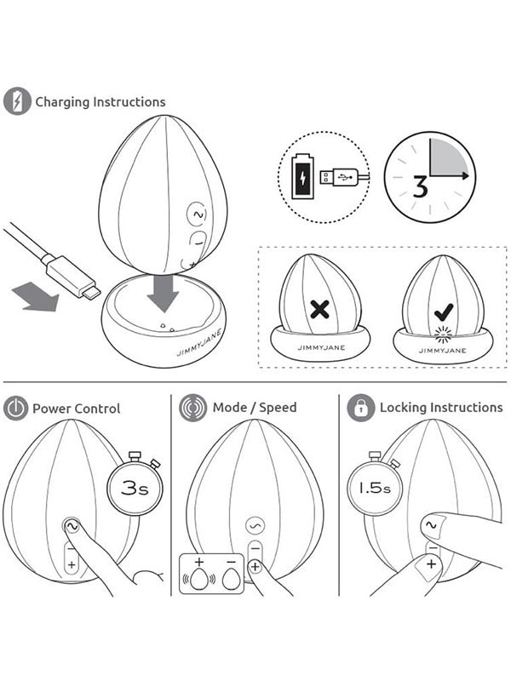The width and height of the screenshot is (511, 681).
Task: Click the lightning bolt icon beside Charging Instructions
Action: [17, 101]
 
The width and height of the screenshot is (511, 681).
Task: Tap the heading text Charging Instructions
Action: [100, 102]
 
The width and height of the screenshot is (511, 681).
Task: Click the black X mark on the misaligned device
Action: [320, 309]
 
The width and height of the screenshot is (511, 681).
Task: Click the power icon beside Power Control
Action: [15, 409]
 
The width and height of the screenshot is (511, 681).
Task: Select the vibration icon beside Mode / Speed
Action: [192, 409]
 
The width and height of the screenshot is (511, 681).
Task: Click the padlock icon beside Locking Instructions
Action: [360, 409]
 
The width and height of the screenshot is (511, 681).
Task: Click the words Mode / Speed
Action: [255, 408]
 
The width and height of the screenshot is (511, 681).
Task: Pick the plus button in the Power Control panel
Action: [72, 564]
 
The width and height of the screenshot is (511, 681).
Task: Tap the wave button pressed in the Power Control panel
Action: [72, 526]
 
